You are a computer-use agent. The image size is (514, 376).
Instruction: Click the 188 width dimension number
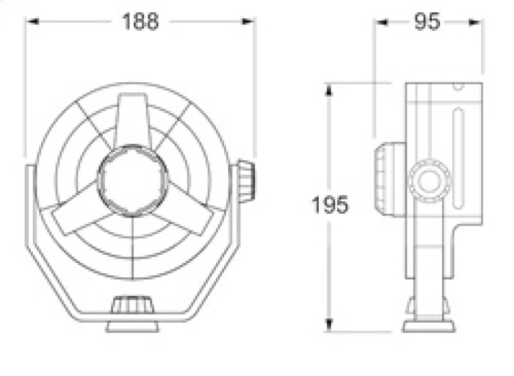click(x=140, y=22)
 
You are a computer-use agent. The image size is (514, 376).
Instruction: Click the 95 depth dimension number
click(x=427, y=22)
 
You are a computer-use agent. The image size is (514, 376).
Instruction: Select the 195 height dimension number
click(x=330, y=205)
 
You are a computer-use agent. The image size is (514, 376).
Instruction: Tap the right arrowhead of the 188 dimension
click(x=247, y=22)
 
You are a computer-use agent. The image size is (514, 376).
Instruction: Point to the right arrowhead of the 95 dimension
click(x=475, y=22)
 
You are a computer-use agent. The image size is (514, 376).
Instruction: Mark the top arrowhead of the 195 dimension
click(x=329, y=90)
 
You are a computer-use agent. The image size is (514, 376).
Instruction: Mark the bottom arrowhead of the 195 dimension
click(x=329, y=325)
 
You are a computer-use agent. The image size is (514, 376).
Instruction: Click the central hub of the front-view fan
click(x=132, y=180)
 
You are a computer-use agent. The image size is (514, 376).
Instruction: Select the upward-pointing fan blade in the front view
click(x=133, y=121)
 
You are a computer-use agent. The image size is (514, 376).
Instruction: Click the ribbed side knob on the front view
click(x=246, y=182)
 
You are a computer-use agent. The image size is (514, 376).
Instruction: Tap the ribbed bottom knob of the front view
click(x=132, y=305)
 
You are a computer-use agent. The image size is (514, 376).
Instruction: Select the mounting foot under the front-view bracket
click(x=132, y=327)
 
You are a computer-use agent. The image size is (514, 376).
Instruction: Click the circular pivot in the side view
click(x=429, y=181)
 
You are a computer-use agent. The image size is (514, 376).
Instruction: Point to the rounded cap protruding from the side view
click(x=390, y=179)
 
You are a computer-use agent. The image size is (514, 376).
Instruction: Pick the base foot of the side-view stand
click(x=429, y=327)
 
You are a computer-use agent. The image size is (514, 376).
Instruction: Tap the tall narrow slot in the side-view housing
click(x=458, y=158)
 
